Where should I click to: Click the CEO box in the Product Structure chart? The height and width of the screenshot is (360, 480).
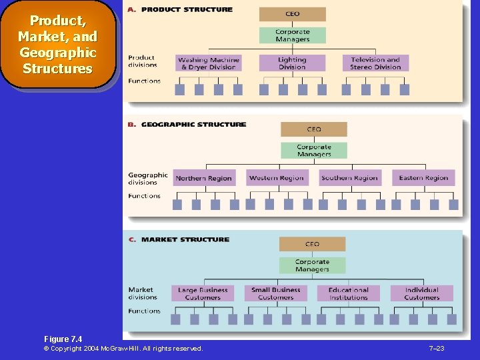[x=293, y=14]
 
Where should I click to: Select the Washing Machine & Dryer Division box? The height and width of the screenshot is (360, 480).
[x=208, y=63]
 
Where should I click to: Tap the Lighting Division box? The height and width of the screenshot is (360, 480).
[x=292, y=63]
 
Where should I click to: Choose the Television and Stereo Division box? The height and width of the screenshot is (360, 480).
[x=375, y=63]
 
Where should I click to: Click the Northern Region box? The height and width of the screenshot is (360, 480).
[x=203, y=178]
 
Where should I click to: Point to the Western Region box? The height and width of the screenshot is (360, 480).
[x=276, y=178]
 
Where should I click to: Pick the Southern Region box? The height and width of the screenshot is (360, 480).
[x=349, y=178]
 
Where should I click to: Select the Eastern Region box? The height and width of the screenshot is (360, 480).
[x=423, y=178]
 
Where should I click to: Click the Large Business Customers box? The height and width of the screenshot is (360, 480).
[x=203, y=293]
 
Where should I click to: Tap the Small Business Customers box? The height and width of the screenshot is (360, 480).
[x=276, y=293]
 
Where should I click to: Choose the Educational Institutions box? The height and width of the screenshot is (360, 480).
[x=348, y=293]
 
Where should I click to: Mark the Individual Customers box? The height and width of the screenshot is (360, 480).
[x=421, y=293]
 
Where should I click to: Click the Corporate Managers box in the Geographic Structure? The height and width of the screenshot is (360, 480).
[x=314, y=151]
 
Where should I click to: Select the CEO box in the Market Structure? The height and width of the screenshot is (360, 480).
[x=312, y=244]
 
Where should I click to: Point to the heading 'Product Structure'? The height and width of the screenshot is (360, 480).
[x=187, y=10]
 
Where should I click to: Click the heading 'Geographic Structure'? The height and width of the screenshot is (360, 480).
[x=193, y=125]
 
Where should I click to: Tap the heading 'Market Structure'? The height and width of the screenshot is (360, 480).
[x=185, y=239]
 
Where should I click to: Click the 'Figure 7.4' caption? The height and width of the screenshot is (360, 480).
[x=63, y=339]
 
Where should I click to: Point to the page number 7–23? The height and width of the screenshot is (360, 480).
[x=437, y=349]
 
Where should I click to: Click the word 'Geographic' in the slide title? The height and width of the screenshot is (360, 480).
[x=58, y=53]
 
